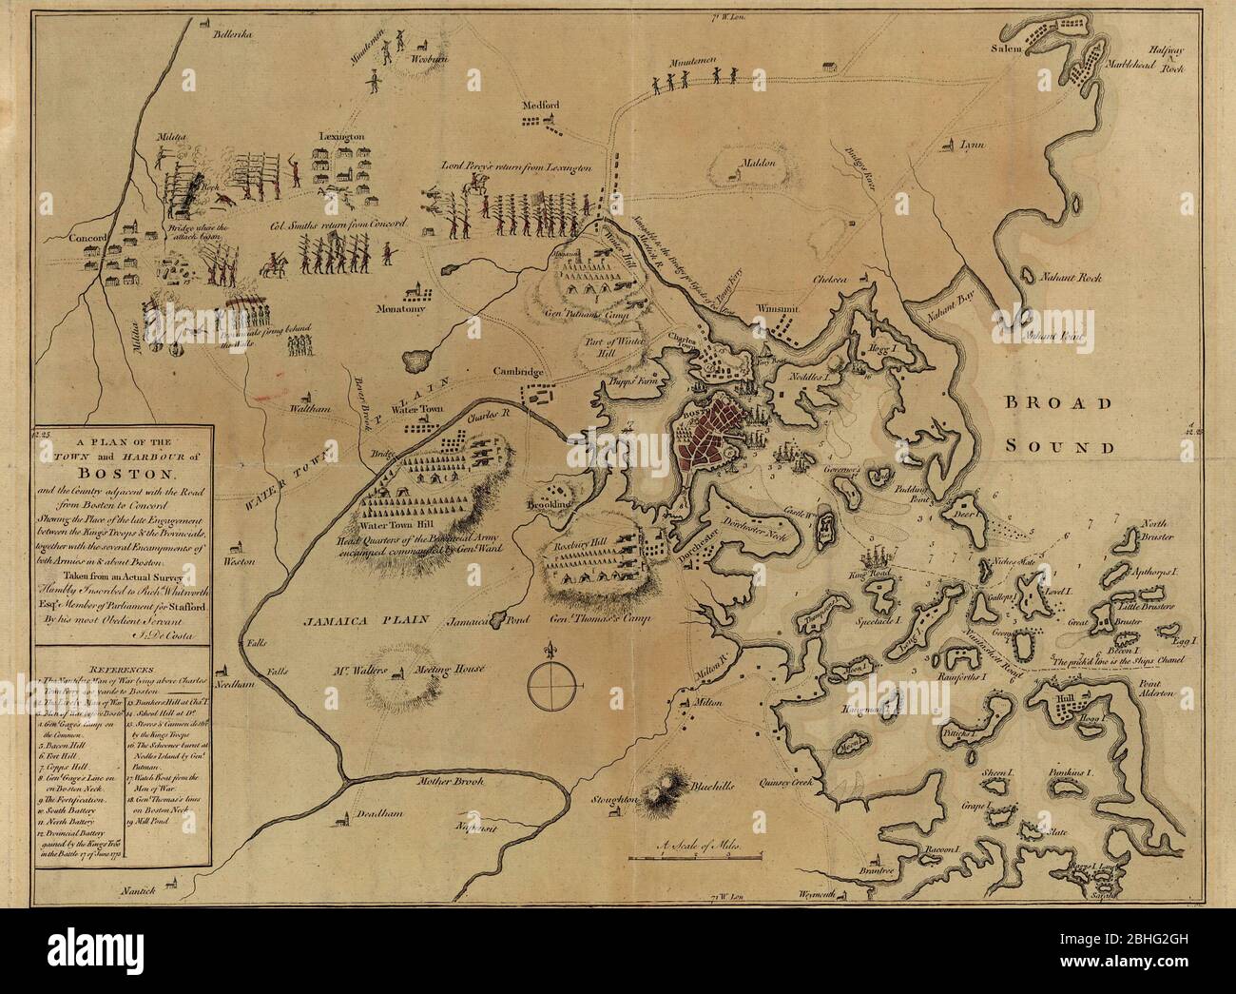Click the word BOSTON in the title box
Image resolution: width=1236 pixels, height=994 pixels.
click(x=127, y=474)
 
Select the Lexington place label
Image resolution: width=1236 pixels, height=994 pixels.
click(x=342, y=137)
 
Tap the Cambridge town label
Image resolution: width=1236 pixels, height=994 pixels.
click(x=517, y=372)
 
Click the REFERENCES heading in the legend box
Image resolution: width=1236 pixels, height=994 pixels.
click(x=125, y=670)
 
